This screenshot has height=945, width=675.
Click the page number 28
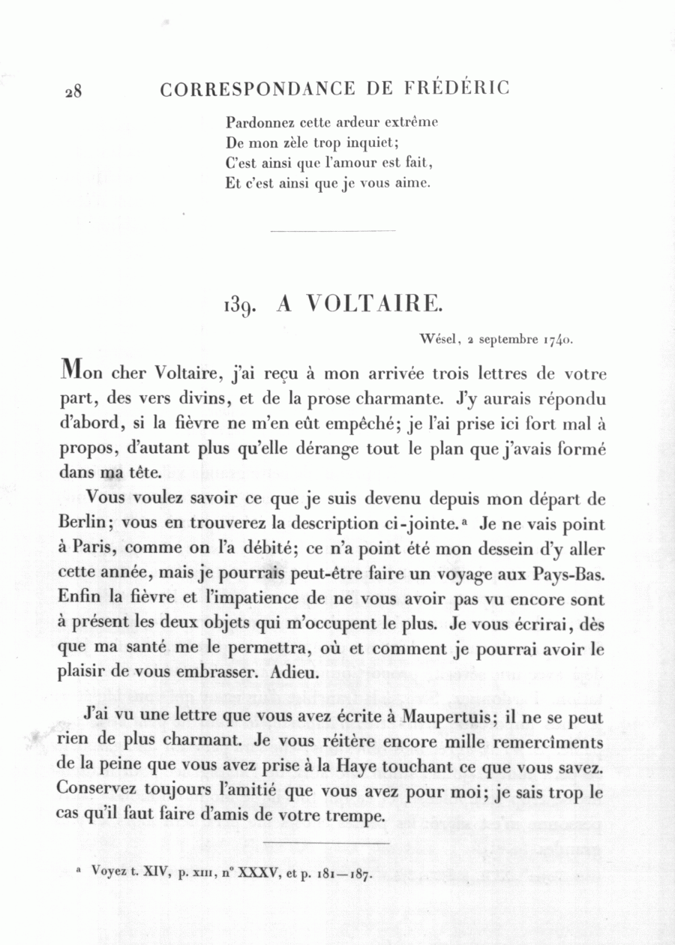click(73, 91)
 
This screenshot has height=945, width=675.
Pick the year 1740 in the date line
click(558, 339)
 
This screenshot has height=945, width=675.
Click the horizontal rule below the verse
click(331, 230)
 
